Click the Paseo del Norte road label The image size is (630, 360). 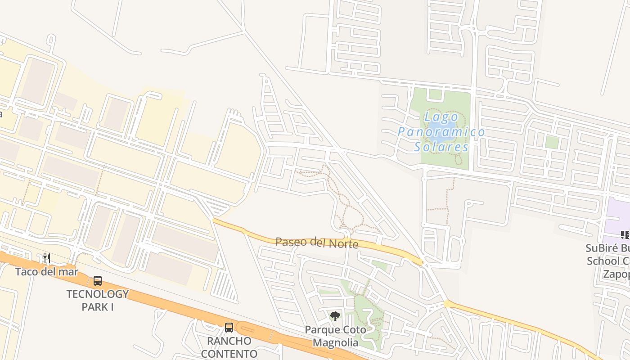pyautogui.click(x=317, y=243)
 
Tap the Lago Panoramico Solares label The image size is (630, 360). pyautogui.click(x=441, y=132)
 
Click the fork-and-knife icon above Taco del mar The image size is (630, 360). pyautogui.click(x=47, y=258)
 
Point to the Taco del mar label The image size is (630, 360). pyautogui.click(x=47, y=272)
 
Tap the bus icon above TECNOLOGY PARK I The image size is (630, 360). pyautogui.click(x=98, y=281)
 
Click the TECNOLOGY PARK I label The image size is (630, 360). pyautogui.click(x=98, y=300)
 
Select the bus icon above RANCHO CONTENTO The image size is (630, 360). pyautogui.click(x=229, y=327)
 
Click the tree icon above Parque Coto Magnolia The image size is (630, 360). pyautogui.click(x=335, y=316)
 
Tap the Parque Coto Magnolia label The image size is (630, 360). pyautogui.click(x=336, y=336)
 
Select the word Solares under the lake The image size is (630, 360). pyautogui.click(x=441, y=147)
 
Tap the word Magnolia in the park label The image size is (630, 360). pyautogui.click(x=336, y=343)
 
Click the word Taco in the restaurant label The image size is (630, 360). pyautogui.click(x=26, y=272)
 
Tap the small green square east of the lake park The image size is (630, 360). pyautogui.click(x=552, y=142)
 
